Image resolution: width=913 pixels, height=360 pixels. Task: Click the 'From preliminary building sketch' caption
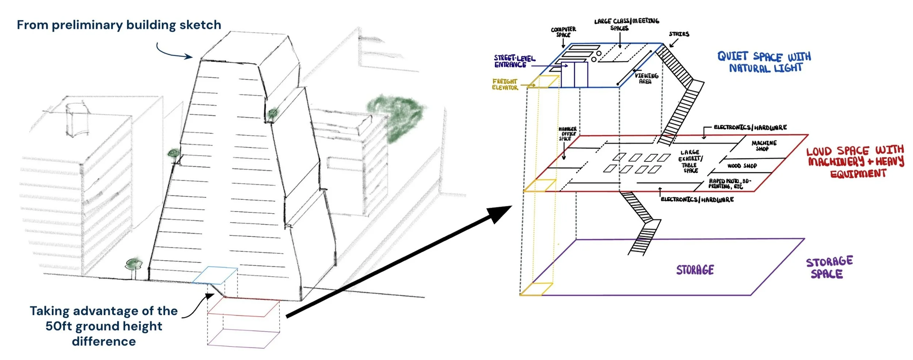119,25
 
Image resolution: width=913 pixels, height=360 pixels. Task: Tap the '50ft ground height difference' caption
104,326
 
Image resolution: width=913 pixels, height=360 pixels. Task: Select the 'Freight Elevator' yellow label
505,84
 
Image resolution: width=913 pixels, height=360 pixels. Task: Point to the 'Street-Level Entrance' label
514,61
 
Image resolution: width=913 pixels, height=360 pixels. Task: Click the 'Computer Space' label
563,32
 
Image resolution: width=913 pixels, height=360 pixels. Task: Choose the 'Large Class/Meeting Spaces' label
626,24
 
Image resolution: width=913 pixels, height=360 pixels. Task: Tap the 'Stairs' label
679,34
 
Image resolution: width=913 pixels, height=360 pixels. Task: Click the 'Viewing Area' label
646,78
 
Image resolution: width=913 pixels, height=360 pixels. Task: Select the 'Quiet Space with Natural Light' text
764,62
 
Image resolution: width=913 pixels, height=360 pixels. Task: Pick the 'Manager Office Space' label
567,134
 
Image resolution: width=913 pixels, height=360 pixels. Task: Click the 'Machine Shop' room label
764,146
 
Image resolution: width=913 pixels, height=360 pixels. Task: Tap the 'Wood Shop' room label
742,166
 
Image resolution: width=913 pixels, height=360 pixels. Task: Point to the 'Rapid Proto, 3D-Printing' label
729,184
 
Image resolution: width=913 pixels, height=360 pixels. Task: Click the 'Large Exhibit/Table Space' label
690,161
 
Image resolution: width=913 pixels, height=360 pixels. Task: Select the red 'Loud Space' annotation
855,162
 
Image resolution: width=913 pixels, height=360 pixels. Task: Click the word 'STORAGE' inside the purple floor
695,270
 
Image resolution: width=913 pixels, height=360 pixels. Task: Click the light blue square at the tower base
215,275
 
